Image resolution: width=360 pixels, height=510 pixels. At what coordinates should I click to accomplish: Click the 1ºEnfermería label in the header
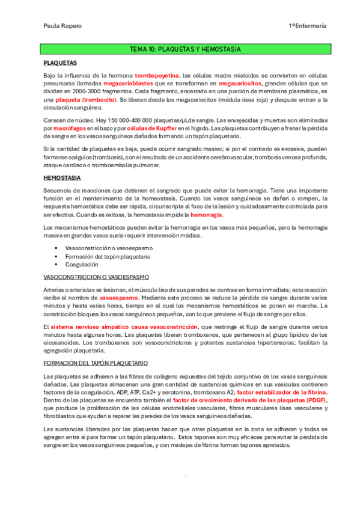coord(307,26)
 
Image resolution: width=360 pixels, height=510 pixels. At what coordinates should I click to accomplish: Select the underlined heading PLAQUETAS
coord(60,62)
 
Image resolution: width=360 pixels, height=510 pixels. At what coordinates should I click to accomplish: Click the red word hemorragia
coord(206,215)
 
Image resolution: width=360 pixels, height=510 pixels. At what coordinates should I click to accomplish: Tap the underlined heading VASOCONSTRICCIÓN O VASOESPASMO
coord(96,277)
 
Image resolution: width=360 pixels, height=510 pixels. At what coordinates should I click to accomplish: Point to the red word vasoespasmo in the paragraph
coord(118,297)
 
